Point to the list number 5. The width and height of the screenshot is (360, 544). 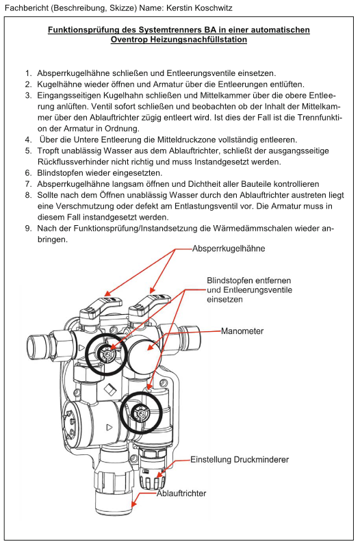28,151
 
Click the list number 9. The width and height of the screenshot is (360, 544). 28,229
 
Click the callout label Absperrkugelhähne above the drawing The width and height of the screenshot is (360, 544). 229,249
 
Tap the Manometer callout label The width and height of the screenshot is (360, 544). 242,331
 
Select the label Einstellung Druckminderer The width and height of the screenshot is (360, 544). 240,460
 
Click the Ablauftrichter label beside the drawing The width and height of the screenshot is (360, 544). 181,493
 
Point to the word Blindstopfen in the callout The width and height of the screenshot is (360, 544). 229,281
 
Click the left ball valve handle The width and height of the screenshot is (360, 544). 101,305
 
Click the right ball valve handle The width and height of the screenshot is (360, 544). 149,305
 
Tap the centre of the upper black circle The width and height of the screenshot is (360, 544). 105,353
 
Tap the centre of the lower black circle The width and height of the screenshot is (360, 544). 142,413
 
